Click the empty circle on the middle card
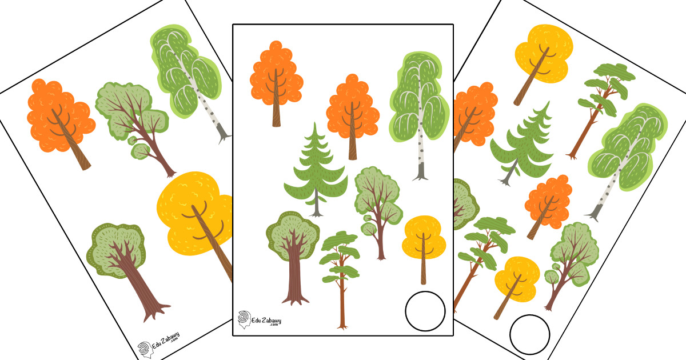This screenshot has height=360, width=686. (x=406, y=311)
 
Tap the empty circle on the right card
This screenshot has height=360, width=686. (x=511, y=334)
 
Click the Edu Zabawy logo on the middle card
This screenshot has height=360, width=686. (x=260, y=320)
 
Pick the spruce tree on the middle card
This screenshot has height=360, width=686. (x=316, y=171)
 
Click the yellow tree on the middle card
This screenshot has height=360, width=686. (x=424, y=242)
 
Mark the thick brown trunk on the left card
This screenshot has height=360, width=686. (x=138, y=285)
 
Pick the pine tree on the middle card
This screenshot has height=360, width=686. (x=340, y=275)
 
